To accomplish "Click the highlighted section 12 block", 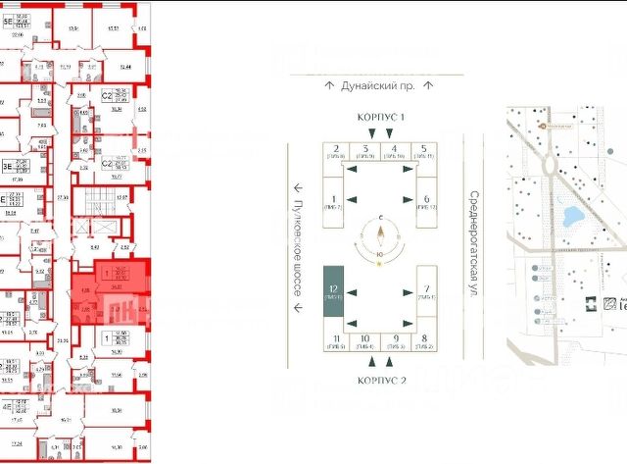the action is (333, 291).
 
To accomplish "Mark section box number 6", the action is (427, 201).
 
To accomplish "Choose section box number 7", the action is (427, 291).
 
